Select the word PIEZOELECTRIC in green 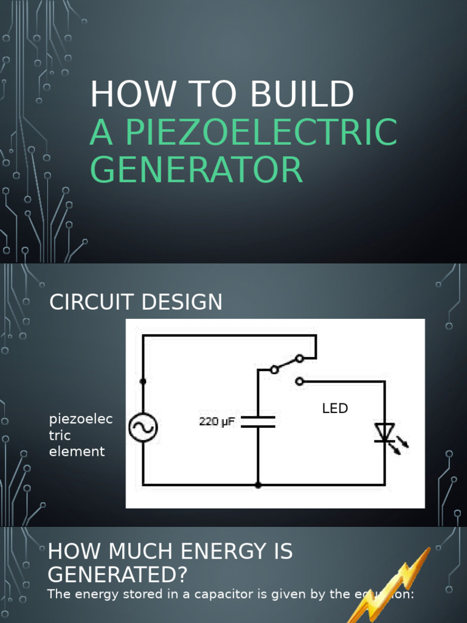261,132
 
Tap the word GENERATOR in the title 196,170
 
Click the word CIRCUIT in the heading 91,302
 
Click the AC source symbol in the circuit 143,428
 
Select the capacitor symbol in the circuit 258,422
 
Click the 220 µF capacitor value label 217,421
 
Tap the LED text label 335,409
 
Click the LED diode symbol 384,433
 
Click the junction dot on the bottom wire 258,485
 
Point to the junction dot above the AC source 143,381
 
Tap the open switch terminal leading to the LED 299,381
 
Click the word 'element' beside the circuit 77,451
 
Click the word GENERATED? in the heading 118,574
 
